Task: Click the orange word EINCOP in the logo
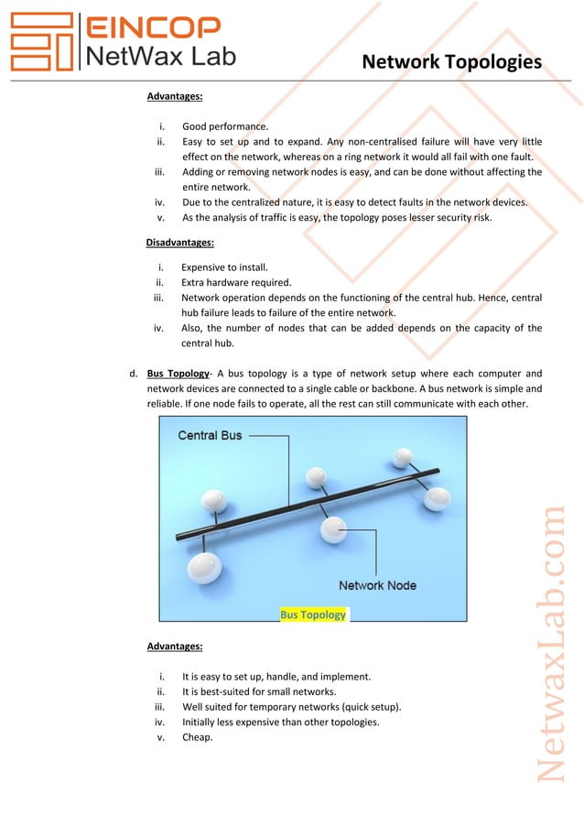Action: coord(152,27)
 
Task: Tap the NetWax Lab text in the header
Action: coord(160,57)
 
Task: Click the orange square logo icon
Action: coord(40,42)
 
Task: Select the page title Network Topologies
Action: coord(451,62)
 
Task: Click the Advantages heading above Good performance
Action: coord(175,95)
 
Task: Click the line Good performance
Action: coord(225,126)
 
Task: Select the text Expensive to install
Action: coord(224,267)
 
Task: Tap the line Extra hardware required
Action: coord(236,282)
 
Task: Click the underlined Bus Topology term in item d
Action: coord(178,374)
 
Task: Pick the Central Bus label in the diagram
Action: coord(210,435)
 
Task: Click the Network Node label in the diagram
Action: coord(377,585)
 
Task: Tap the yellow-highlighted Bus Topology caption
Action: coord(313,614)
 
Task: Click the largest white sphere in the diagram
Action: coord(204,568)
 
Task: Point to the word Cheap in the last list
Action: coord(197,737)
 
